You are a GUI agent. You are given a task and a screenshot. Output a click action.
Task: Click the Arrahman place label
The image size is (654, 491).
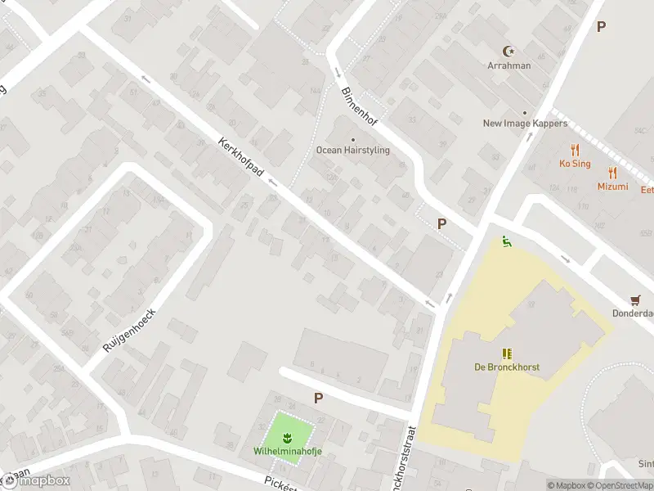(x=509, y=65)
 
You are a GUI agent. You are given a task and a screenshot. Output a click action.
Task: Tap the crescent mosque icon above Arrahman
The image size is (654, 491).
(x=509, y=52)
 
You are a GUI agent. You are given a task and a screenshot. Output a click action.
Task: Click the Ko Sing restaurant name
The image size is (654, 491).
(x=575, y=164)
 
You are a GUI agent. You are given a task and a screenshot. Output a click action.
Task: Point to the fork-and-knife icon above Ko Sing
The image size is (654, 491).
(x=575, y=150)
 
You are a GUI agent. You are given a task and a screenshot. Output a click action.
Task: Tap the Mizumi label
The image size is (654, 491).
(x=612, y=187)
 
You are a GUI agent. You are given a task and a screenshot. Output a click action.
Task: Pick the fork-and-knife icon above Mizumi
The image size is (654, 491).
(x=612, y=173)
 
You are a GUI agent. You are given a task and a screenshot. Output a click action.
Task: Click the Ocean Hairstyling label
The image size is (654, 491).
(x=353, y=151)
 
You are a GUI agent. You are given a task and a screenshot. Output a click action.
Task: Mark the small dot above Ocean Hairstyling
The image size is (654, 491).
(x=353, y=139)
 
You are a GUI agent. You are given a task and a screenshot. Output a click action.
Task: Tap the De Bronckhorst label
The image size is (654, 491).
(x=506, y=367)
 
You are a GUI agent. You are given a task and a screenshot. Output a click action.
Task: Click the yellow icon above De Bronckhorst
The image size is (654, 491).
(x=506, y=354)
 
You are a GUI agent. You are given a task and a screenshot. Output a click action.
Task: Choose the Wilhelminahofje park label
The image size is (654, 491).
(x=287, y=451)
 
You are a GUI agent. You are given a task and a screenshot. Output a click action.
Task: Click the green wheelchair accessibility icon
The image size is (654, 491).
(x=506, y=241)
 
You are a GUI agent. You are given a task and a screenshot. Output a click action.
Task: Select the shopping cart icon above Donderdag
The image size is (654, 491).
(x=635, y=300)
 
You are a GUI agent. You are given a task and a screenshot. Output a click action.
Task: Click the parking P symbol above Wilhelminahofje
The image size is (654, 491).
(x=318, y=398)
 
